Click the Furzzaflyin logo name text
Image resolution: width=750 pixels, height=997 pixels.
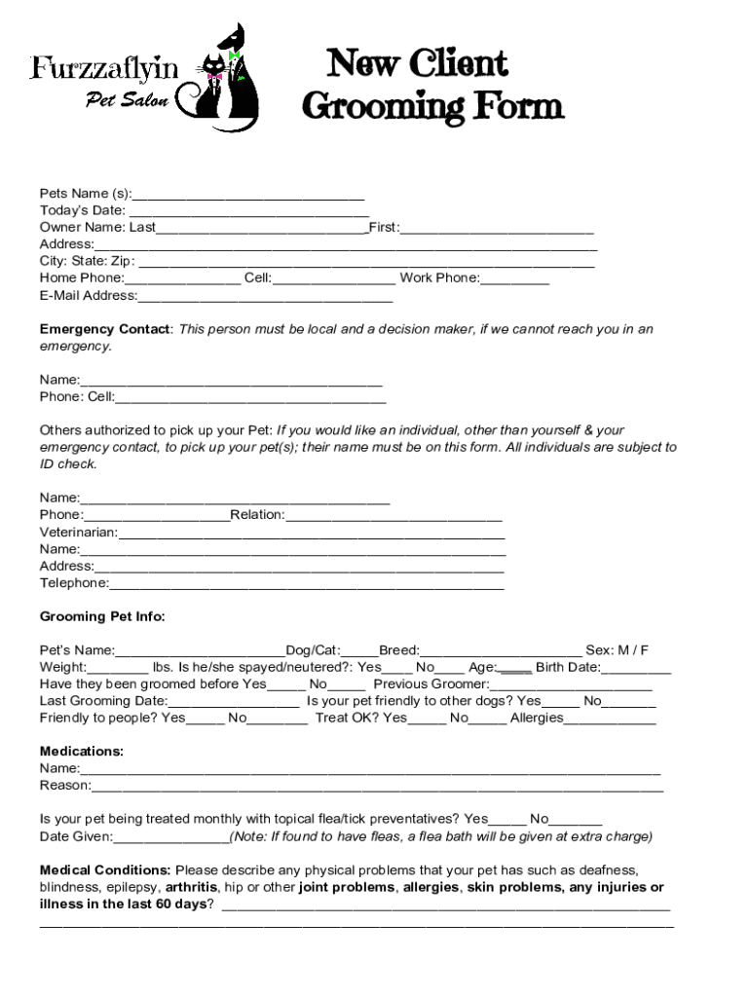104,68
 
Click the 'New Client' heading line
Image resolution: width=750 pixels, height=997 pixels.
417,64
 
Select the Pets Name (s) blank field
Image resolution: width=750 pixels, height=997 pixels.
247,194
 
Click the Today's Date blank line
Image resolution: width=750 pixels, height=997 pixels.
248,210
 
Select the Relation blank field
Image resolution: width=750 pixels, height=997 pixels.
394,515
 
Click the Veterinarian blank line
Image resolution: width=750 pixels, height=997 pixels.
312,533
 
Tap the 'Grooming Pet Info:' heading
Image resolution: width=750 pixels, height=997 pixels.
102,616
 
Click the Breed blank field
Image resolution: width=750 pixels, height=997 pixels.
501,650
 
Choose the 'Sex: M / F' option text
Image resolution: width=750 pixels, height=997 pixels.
617,650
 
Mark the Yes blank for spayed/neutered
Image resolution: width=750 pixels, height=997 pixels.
396,668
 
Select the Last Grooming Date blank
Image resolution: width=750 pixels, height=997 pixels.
234,701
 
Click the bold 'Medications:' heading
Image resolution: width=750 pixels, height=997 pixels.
81,752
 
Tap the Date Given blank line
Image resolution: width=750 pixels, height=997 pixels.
171,837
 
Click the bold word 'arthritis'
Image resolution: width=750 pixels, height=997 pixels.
191,887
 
